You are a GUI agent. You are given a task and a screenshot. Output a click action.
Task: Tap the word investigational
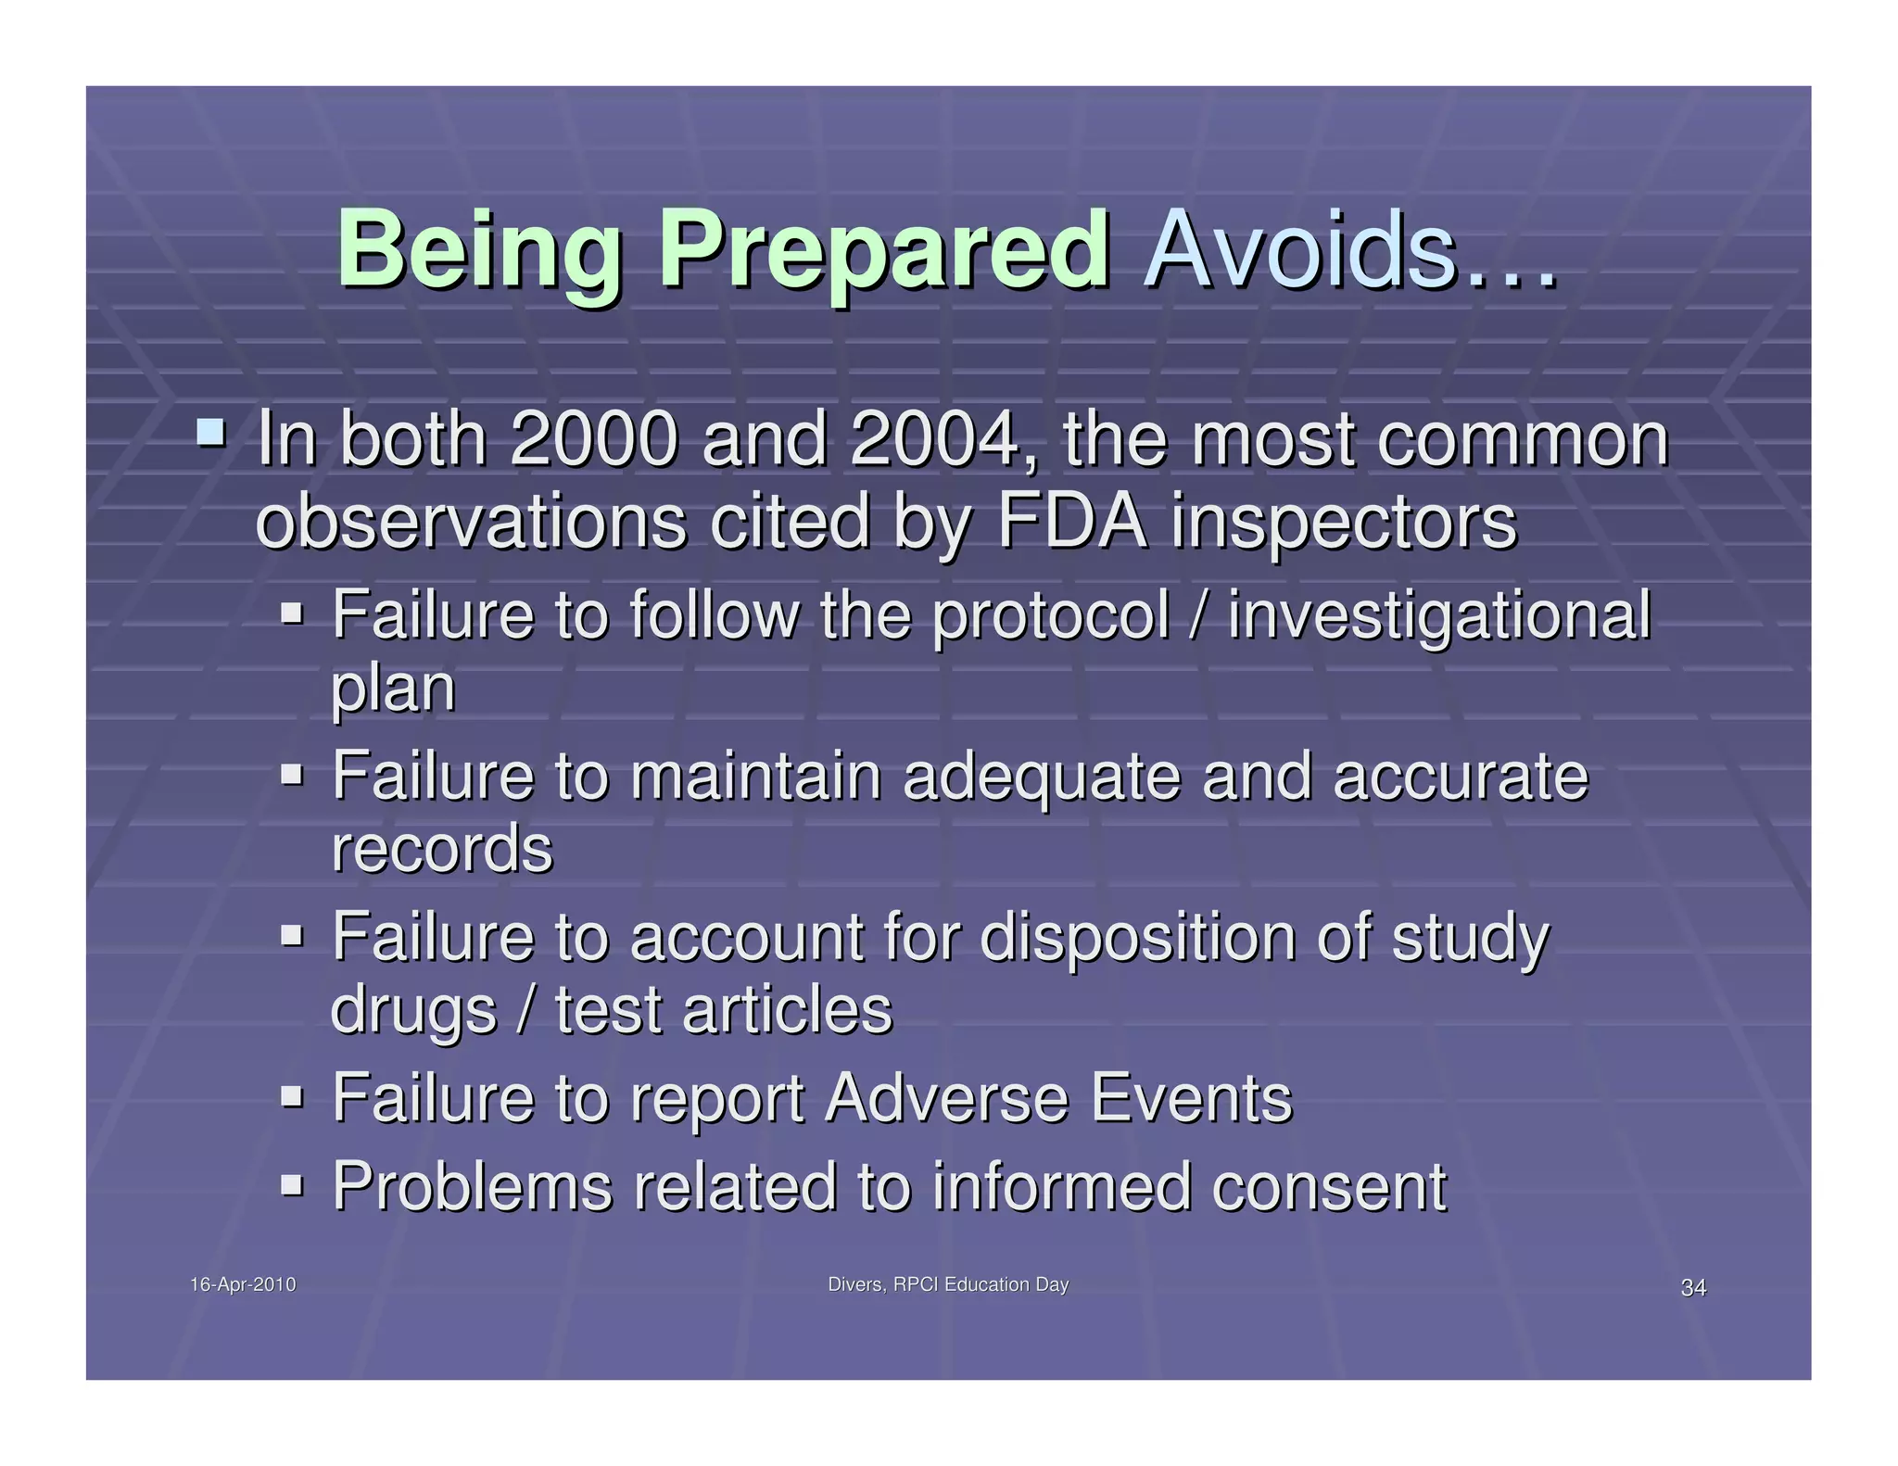(x=1439, y=617)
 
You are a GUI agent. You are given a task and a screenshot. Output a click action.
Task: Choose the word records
(x=442, y=849)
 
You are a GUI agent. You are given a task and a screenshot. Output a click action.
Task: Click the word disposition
(x=1137, y=938)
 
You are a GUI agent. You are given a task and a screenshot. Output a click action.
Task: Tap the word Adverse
(x=946, y=1098)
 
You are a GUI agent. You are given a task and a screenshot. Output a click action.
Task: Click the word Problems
(x=473, y=1186)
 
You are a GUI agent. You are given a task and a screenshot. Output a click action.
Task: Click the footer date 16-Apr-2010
(x=243, y=1284)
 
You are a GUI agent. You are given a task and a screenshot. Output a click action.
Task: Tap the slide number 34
(x=1693, y=1287)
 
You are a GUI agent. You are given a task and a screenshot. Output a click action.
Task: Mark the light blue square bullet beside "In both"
(x=210, y=431)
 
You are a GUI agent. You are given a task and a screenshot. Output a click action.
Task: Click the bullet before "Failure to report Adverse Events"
(x=292, y=1096)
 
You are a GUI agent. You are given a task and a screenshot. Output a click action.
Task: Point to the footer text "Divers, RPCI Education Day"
(x=948, y=1284)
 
